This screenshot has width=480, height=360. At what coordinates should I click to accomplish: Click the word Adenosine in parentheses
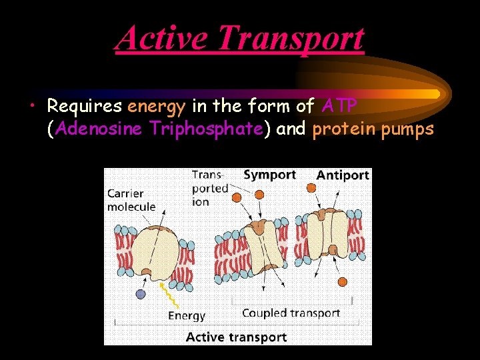click(x=98, y=129)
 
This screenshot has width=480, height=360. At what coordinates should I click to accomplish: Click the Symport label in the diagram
click(x=269, y=175)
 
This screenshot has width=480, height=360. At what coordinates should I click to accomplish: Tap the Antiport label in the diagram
click(x=343, y=175)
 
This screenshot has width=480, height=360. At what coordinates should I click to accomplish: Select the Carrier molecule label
click(x=131, y=200)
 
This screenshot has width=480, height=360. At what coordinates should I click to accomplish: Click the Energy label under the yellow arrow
click(x=187, y=315)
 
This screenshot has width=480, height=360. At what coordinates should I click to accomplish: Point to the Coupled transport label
click(x=291, y=313)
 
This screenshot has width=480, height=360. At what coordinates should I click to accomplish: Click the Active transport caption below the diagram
click(x=236, y=337)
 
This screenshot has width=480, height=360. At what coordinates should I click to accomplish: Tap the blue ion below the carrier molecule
click(x=141, y=294)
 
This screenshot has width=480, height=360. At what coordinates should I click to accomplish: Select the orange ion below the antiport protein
click(x=343, y=281)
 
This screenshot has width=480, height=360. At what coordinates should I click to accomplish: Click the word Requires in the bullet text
click(x=85, y=107)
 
